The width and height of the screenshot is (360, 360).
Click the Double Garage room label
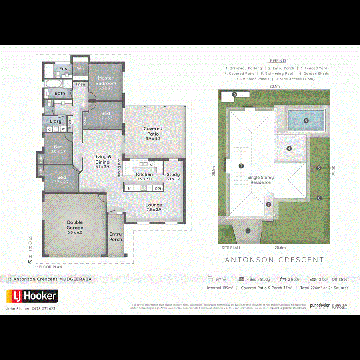[74, 225]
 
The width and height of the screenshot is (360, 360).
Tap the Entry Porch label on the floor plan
[116, 237]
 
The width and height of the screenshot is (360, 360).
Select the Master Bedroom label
[106, 81]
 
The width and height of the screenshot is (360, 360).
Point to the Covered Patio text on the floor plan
[153, 131]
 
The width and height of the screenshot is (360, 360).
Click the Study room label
[173, 174]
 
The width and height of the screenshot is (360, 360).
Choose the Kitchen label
[144, 174]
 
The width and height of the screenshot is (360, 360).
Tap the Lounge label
[154, 205]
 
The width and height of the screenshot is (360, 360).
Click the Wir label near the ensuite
[80, 69]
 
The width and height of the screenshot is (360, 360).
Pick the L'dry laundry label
[55, 121]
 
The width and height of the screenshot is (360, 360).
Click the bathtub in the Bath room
[53, 84]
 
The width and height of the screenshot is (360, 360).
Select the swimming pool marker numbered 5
[306, 120]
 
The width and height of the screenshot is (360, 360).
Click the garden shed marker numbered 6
[235, 94]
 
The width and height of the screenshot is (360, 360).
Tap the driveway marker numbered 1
[248, 231]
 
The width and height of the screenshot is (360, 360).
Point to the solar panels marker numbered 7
[241, 166]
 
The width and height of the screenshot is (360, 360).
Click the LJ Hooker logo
[32, 296]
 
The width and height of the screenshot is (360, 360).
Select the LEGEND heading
[276, 61]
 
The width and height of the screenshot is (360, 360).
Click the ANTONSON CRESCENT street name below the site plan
[274, 260]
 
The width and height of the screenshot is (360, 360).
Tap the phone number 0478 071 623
[43, 308]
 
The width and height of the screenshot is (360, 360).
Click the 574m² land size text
[221, 280]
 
